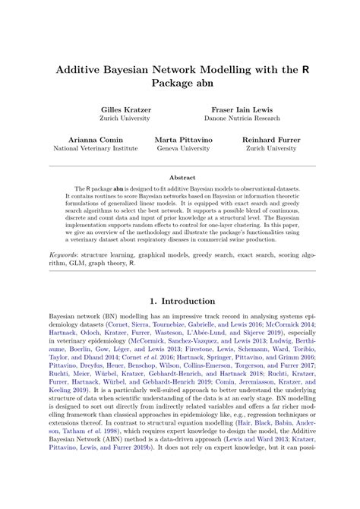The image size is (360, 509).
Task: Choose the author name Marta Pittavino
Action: click(179, 140)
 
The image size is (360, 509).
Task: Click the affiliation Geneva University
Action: click(179, 149)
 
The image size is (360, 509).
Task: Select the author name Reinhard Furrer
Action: click(271, 140)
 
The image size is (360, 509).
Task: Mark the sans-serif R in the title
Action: click(305, 67)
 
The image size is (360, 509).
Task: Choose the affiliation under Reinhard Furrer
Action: click(271, 149)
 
